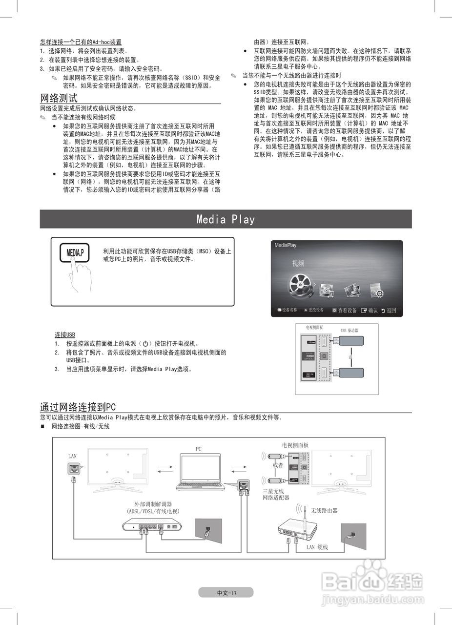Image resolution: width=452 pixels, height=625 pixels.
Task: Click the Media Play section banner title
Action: tap(226, 219)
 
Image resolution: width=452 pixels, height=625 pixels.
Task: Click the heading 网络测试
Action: tap(59, 98)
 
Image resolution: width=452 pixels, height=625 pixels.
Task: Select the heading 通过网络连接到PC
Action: tap(78, 407)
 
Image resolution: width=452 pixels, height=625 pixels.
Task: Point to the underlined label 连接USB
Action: tap(65, 334)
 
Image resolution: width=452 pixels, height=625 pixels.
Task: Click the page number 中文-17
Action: tap(226, 592)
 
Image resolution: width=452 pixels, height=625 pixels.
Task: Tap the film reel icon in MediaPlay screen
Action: tap(300, 285)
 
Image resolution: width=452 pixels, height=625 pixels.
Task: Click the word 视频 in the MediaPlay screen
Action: tap(298, 263)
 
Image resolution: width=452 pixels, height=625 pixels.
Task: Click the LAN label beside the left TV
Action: tap(72, 456)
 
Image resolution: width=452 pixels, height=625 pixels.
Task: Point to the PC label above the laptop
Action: tap(199, 449)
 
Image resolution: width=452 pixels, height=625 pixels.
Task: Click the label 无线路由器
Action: tap(324, 510)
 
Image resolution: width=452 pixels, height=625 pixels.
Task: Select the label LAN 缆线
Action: tap(317, 547)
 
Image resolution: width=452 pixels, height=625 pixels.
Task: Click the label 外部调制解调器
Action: tap(153, 504)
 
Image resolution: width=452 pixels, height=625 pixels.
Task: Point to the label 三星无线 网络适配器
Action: tap(276, 494)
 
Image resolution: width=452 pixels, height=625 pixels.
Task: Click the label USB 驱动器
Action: tap(349, 331)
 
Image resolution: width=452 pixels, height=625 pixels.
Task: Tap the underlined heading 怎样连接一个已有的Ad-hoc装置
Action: tap(81, 42)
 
